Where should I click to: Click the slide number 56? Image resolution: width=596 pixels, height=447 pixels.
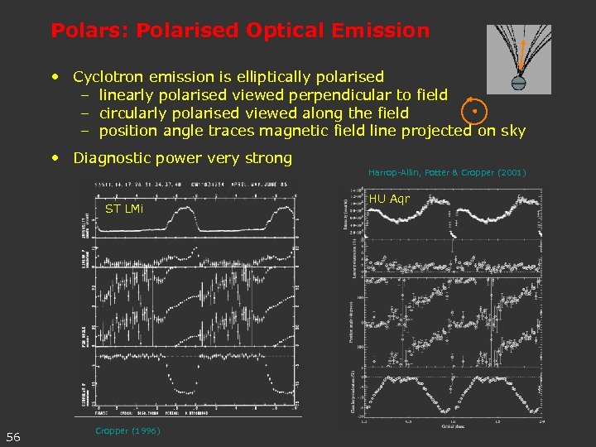[x=14, y=436]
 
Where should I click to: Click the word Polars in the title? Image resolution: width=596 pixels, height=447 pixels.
[x=81, y=31]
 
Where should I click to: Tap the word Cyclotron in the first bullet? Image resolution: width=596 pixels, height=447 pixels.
[x=108, y=77]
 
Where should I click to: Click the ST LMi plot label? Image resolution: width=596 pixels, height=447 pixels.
[x=124, y=209]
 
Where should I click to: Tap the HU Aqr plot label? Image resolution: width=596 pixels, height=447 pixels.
[x=389, y=199]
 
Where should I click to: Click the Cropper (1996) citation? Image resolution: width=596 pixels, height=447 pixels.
[x=127, y=430]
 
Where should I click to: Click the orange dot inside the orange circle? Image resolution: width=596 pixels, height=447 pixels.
[x=474, y=110]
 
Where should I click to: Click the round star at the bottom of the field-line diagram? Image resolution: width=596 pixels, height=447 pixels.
[x=519, y=83]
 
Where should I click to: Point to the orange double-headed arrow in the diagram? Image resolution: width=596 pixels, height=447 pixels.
[x=521, y=53]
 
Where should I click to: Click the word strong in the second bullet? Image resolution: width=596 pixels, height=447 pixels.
[x=269, y=158]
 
